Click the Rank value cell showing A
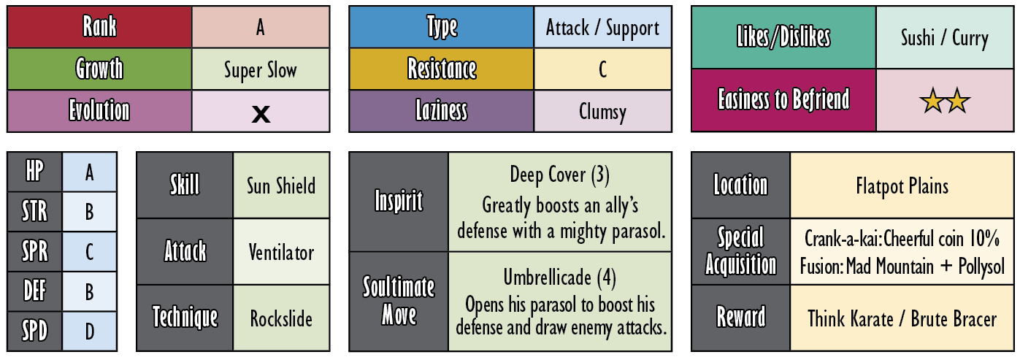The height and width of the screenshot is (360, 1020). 261,27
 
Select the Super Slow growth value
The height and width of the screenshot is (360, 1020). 261,70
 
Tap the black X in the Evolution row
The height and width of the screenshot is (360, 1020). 261,114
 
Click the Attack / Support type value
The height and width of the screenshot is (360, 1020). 602,28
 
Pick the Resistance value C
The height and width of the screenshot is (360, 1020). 602,69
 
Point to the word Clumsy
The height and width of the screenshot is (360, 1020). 602,112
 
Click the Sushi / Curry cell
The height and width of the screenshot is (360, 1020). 944,38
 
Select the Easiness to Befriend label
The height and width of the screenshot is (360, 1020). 783,99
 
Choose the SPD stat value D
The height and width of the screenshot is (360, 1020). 89,332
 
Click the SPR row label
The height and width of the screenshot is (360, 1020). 34,251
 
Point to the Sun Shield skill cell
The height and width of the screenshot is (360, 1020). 281,185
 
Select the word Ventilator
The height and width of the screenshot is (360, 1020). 281,253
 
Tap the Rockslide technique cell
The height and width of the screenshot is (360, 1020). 281,318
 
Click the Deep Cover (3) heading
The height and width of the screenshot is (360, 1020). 559,175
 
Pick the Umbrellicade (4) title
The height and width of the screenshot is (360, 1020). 559,277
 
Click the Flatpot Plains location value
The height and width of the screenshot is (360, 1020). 902,186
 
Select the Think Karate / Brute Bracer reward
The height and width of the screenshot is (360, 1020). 902,318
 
